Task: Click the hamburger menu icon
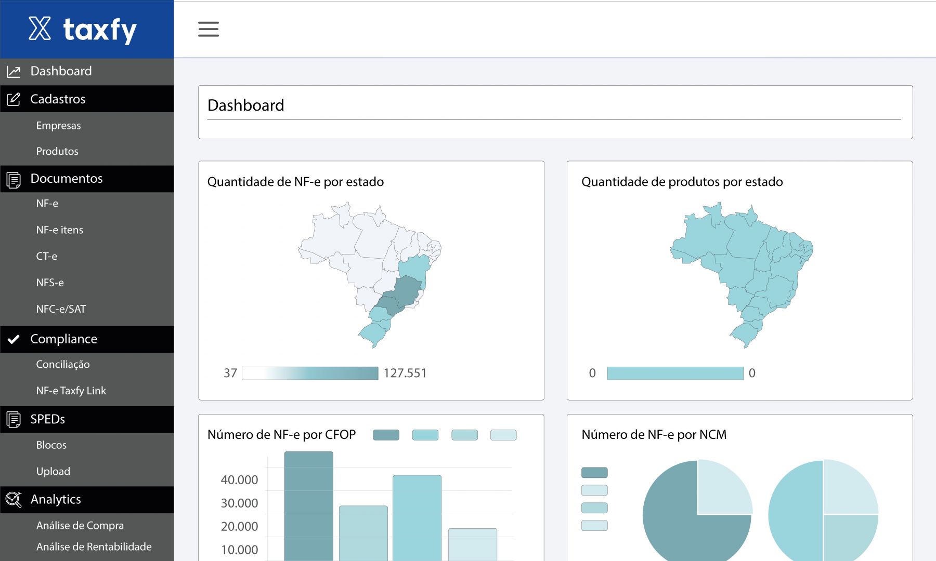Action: pos(209,29)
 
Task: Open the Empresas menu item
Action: pos(58,126)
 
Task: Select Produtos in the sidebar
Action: pos(57,151)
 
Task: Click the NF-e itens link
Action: pos(60,230)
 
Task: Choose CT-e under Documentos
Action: pos(47,256)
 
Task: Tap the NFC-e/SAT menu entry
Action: pos(61,309)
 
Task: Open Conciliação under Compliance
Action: pos(63,365)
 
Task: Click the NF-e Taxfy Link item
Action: pos(71,391)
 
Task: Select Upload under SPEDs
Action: pos(53,471)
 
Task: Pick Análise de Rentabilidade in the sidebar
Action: pos(94,546)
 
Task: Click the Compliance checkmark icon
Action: pos(14,339)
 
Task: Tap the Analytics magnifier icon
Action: pos(14,500)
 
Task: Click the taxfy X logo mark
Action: pos(40,29)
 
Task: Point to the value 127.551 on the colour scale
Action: pos(405,373)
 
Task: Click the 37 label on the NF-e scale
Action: pos(230,373)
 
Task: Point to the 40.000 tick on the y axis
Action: pos(239,480)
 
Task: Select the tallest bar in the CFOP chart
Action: pos(309,506)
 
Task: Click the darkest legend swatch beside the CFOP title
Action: pos(386,435)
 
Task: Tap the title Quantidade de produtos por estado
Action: pos(682,182)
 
